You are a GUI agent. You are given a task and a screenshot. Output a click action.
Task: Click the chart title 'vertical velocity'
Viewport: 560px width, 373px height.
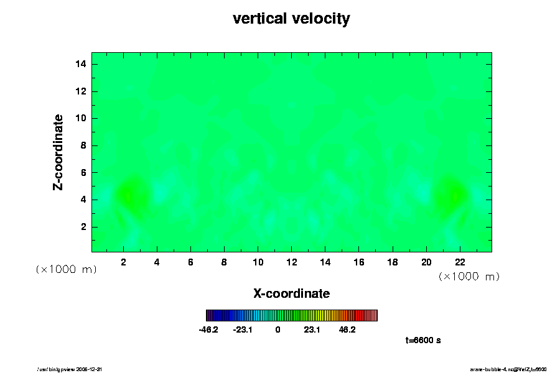pos(291,19)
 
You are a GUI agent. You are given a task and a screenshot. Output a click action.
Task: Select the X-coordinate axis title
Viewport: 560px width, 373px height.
pos(291,293)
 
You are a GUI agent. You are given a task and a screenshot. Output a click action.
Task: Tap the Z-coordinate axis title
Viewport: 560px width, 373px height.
pos(58,152)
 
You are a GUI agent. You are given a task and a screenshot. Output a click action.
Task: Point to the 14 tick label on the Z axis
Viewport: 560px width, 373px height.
pos(80,64)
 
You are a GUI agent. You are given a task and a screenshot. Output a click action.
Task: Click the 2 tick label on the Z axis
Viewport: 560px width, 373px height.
pos(83,227)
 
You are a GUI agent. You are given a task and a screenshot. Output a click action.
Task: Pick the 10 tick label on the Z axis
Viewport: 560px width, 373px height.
pos(80,118)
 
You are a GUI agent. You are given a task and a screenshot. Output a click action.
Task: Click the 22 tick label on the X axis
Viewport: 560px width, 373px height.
pos(460,262)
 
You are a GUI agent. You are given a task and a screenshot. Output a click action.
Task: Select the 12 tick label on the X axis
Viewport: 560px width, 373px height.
pos(291,262)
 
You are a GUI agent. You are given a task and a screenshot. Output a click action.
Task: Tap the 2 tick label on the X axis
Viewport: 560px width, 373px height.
pos(123,262)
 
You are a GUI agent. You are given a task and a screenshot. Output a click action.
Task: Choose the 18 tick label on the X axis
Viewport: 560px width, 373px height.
pos(393,262)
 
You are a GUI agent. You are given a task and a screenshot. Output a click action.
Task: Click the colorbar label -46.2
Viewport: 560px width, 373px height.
pos(208,330)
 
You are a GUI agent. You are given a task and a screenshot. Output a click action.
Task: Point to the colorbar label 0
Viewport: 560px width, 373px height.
pos(278,330)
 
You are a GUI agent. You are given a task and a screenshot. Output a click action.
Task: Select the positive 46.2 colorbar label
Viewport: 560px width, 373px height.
pos(347,330)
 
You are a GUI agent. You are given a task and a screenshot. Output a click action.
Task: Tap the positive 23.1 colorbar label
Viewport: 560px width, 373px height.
pos(312,330)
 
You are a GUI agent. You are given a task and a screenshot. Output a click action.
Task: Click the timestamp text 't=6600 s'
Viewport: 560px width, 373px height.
pos(423,340)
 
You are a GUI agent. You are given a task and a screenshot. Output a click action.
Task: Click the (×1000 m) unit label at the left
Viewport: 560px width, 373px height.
pos(66,269)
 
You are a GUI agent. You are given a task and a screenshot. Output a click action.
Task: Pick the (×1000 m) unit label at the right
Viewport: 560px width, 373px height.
pos(469,276)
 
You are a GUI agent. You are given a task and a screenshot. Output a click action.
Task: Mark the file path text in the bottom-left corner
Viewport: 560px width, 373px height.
pos(74,369)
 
